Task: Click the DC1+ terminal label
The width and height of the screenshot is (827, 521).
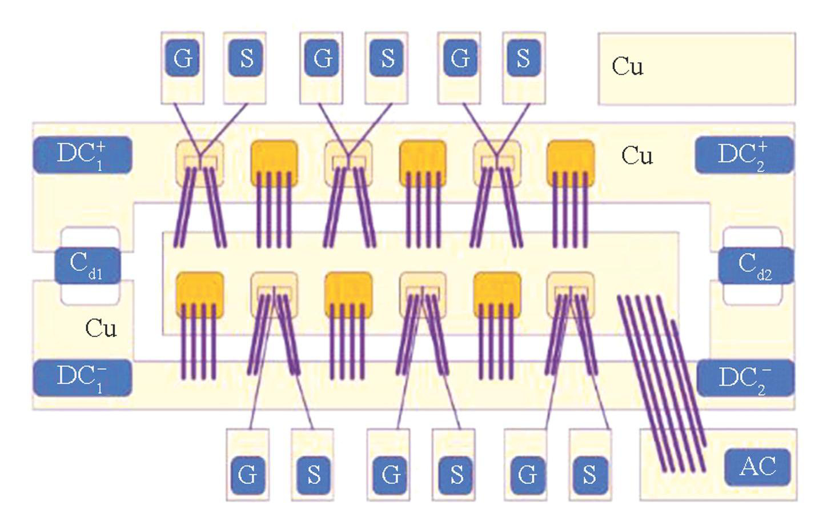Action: click(x=83, y=155)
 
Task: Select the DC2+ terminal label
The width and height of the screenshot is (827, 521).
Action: click(x=744, y=155)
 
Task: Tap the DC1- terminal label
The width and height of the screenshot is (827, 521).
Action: click(x=83, y=378)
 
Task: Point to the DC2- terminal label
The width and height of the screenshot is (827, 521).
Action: click(x=745, y=378)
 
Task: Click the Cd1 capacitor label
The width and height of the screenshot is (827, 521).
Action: click(x=87, y=266)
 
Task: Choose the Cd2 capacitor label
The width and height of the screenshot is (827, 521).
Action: click(x=756, y=266)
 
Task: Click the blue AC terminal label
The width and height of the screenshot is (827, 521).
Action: click(x=757, y=467)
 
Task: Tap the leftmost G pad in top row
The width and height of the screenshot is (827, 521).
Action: click(x=183, y=58)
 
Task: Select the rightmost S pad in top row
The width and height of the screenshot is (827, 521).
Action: click(x=523, y=58)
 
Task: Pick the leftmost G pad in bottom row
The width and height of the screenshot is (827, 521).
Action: click(x=247, y=475)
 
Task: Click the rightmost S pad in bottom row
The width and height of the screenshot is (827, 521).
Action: click(x=589, y=475)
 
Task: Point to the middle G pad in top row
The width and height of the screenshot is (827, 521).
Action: click(x=323, y=58)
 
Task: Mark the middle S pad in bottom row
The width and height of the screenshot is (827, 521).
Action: click(x=456, y=475)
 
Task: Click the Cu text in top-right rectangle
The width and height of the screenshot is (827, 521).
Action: click(x=627, y=66)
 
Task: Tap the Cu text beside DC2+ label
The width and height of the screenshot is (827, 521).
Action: click(x=637, y=155)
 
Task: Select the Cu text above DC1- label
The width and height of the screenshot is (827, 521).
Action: click(x=101, y=328)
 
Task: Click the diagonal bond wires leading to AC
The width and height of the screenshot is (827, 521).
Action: click(x=663, y=383)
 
